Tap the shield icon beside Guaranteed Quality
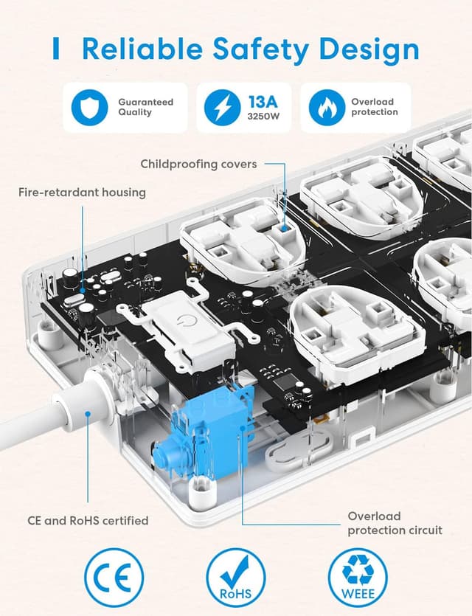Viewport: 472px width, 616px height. [x=89, y=108]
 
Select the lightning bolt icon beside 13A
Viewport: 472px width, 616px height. [x=223, y=108]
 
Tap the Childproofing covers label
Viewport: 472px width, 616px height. [x=198, y=164]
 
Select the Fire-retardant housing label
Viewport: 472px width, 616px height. [x=82, y=193]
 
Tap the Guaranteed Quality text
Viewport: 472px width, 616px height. [x=145, y=107]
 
